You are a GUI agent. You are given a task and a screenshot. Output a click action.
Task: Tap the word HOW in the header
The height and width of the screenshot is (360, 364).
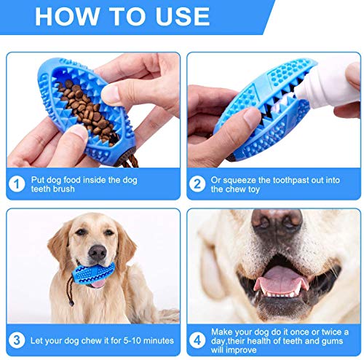coord(67,17)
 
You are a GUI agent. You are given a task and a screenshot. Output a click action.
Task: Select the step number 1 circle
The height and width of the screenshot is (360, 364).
coord(17,184)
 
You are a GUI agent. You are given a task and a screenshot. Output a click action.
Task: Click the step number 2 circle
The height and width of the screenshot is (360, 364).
coord(197,184)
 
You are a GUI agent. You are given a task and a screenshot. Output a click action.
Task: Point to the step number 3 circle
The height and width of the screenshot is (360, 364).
coord(17,340)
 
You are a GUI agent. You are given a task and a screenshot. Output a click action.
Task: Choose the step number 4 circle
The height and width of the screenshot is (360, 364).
coord(197,340)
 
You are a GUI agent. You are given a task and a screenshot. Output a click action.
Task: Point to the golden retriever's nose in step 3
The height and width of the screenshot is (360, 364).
coord(98,253)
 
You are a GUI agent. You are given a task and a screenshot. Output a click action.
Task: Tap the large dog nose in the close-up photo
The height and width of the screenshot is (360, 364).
coord(277,224)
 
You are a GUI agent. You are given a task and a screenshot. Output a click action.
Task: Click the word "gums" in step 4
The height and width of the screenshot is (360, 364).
coord(333,341)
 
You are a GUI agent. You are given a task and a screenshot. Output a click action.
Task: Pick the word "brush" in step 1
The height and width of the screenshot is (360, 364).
coord(63,189)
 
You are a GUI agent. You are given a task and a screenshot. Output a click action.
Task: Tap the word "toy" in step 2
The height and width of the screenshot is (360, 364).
coord(253,189)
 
